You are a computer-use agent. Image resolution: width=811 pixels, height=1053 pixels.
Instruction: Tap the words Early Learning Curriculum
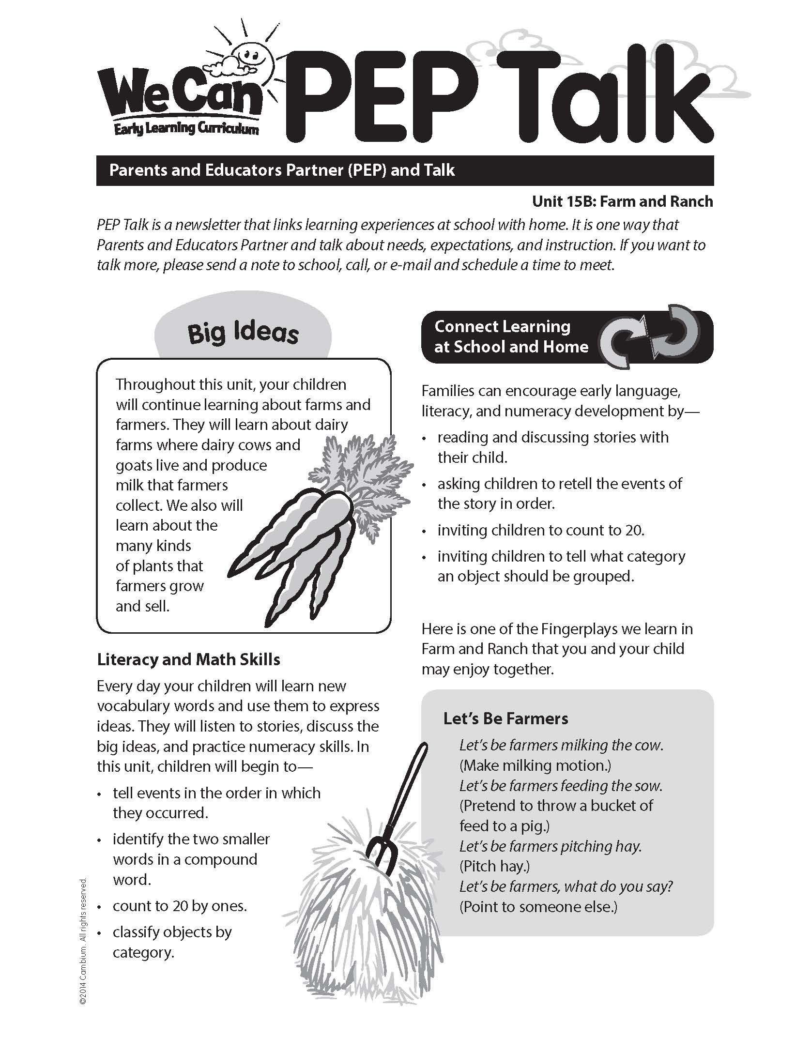coord(186,129)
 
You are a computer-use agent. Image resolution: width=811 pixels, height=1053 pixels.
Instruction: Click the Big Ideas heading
coord(243,333)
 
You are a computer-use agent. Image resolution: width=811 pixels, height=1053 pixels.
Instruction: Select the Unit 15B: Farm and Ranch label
coord(622,201)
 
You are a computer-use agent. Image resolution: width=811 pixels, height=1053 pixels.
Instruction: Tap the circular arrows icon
coord(651,336)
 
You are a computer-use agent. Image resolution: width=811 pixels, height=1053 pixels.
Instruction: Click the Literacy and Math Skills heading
coord(188,659)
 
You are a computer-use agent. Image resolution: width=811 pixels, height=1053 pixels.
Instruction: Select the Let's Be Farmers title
coord(505,718)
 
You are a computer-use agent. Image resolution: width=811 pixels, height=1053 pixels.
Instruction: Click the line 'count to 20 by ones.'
coord(180,906)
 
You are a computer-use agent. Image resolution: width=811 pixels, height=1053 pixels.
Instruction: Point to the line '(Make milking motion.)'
coord(535,765)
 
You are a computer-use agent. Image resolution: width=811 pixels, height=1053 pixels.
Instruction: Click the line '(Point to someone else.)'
coord(538,906)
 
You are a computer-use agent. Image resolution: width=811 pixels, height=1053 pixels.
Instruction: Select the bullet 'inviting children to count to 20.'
coord(541,530)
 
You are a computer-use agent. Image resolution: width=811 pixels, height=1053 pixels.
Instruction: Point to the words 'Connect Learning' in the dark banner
coord(502,326)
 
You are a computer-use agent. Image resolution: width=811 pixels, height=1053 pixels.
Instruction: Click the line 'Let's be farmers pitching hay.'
coord(550,846)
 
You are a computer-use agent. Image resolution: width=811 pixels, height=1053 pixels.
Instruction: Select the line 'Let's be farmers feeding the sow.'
coord(561,785)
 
